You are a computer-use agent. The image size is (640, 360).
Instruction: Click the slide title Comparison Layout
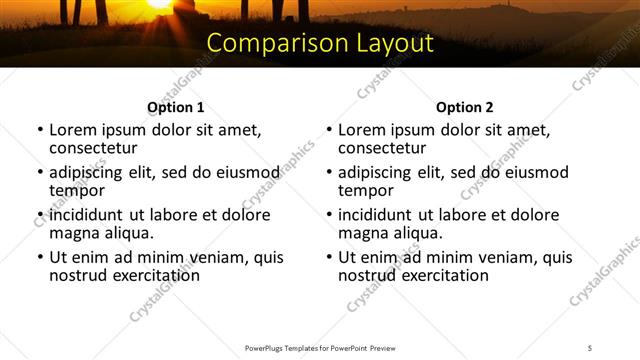[x=320, y=44]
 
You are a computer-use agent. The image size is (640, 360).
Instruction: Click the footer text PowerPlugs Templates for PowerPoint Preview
[x=319, y=347]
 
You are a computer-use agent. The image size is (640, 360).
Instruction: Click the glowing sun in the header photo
[x=160, y=4]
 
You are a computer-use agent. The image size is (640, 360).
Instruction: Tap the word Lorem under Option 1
[x=72, y=130]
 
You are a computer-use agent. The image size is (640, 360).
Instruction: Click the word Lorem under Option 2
[x=361, y=130]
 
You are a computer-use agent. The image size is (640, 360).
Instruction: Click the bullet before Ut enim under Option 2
[x=329, y=257]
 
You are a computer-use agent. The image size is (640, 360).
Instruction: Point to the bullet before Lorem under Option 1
[x=40, y=130]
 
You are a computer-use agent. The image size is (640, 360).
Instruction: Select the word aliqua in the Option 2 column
[x=417, y=233]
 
